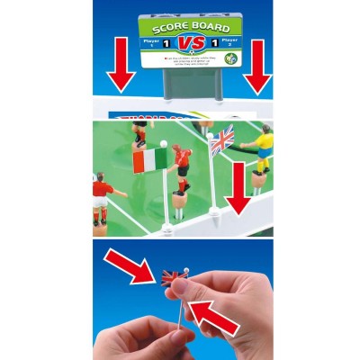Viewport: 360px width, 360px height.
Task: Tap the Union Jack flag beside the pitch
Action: pos(221,141)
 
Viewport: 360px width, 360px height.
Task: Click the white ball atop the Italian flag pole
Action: pos(163,144)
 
